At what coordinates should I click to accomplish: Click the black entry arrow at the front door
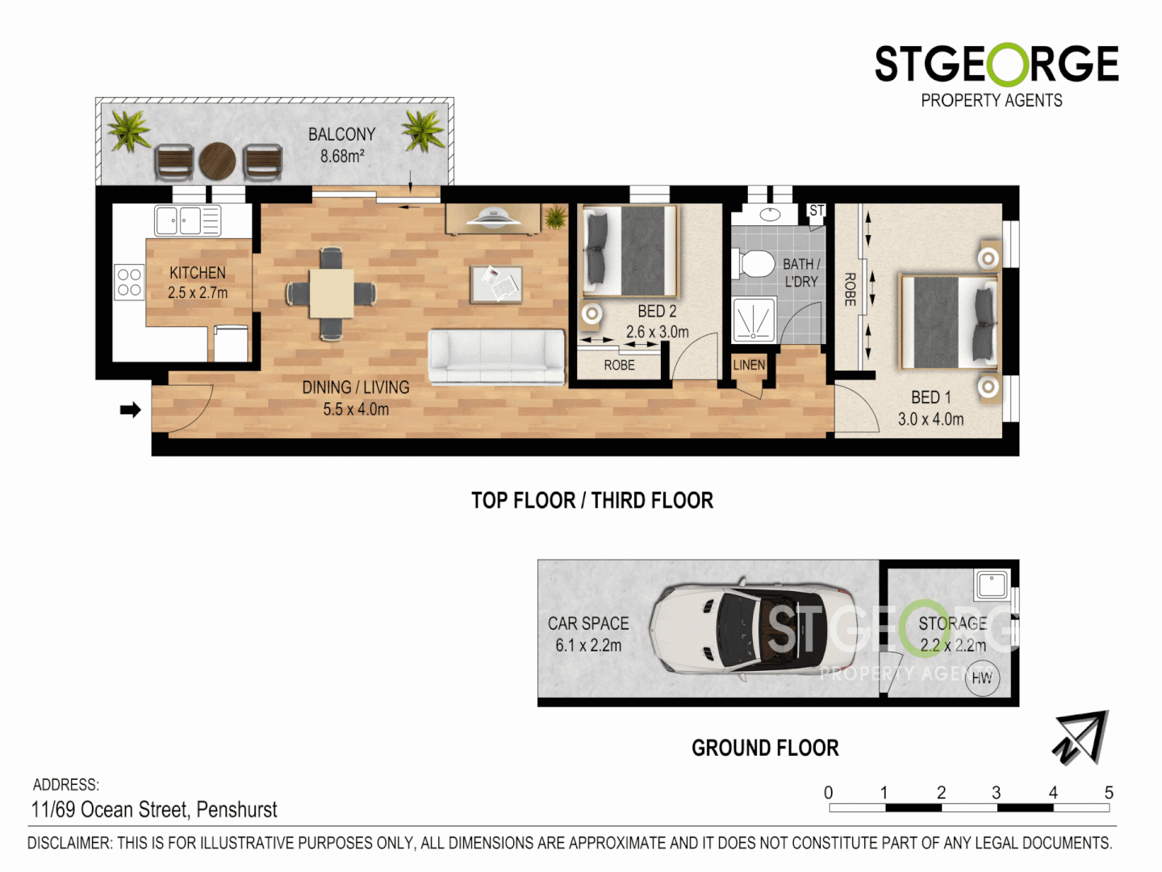click(x=130, y=410)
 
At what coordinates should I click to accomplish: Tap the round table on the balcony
click(x=217, y=161)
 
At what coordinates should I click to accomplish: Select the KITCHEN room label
click(x=198, y=273)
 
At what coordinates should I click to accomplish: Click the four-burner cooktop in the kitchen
click(x=129, y=283)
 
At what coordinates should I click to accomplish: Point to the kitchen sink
click(x=178, y=220)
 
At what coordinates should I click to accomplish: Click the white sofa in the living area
click(x=496, y=356)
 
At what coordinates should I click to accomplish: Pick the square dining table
click(x=331, y=293)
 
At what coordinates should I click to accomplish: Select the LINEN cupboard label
click(x=748, y=365)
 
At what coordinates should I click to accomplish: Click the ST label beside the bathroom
click(x=816, y=211)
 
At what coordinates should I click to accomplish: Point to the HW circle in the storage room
click(x=982, y=678)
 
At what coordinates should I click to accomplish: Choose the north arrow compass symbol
click(x=1081, y=737)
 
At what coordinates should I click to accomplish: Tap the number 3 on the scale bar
click(x=997, y=793)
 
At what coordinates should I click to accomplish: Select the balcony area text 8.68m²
click(x=342, y=156)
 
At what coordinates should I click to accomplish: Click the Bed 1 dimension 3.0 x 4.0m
click(x=930, y=419)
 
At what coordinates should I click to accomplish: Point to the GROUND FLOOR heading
click(x=765, y=748)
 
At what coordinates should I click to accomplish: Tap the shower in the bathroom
click(x=754, y=320)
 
